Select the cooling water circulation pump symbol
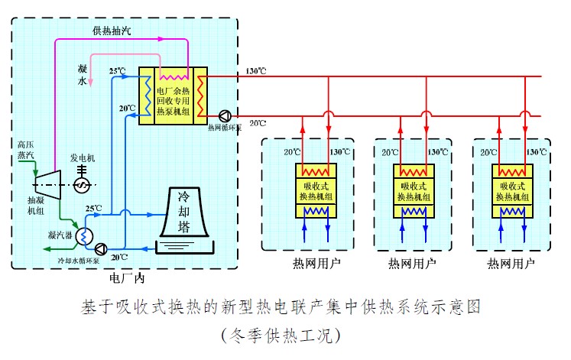point(102,248)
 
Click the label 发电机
point(82,158)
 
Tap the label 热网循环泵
point(225,128)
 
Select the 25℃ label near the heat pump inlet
point(117,71)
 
